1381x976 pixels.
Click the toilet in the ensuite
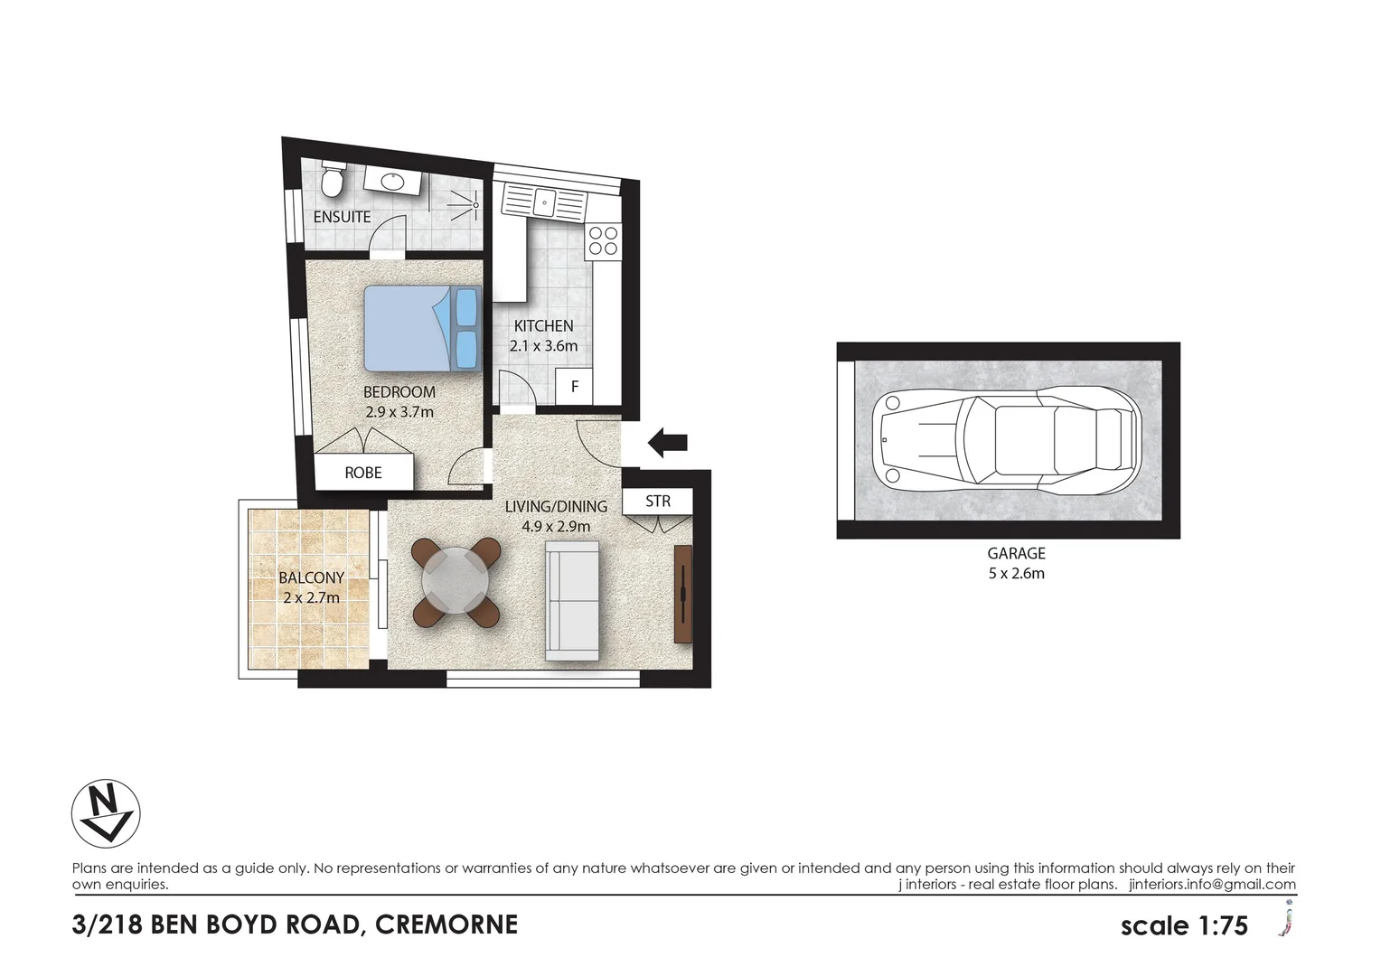[332, 178]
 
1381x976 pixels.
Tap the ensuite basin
[391, 182]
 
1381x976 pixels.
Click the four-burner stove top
[603, 239]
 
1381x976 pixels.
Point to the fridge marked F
[574, 387]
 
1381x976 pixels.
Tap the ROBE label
[363, 473]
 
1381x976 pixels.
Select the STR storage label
[658, 501]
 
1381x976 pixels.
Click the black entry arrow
[668, 443]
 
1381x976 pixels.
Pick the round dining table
[456, 582]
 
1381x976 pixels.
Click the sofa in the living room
[572, 599]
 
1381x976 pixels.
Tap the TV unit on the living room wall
[683, 594]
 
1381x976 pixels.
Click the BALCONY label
[311, 577]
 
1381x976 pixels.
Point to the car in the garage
[1004, 441]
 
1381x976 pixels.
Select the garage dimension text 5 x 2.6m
[1017, 573]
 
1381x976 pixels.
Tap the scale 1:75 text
[1184, 925]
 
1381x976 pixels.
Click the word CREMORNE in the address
[446, 924]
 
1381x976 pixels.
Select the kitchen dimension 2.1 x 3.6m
[543, 345]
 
